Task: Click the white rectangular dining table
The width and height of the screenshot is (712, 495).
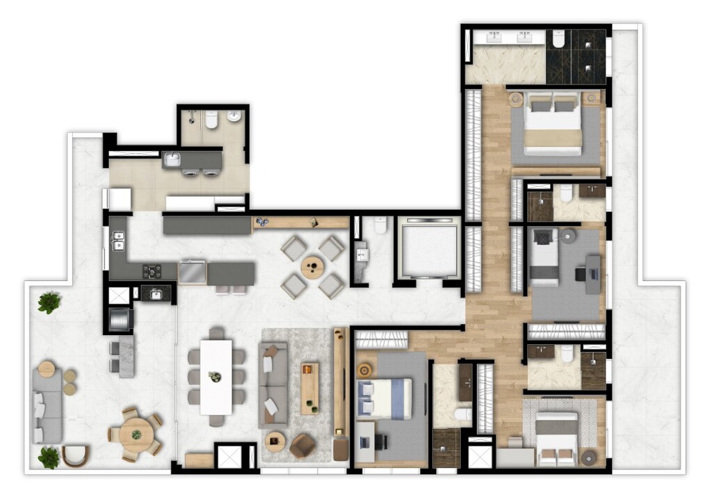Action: (216, 376)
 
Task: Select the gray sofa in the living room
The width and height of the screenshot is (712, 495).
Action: (273, 383)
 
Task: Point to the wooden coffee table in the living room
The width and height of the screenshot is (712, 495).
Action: (309, 387)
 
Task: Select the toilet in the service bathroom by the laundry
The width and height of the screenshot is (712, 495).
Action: (211, 121)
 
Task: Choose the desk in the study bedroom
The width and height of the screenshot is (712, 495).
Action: (593, 274)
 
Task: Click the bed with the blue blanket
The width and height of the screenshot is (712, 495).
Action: (384, 398)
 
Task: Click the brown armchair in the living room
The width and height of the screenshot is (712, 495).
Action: (302, 445)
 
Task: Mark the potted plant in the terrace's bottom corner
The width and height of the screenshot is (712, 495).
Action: (49, 457)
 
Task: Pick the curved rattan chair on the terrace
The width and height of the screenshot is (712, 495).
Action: (76, 455)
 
